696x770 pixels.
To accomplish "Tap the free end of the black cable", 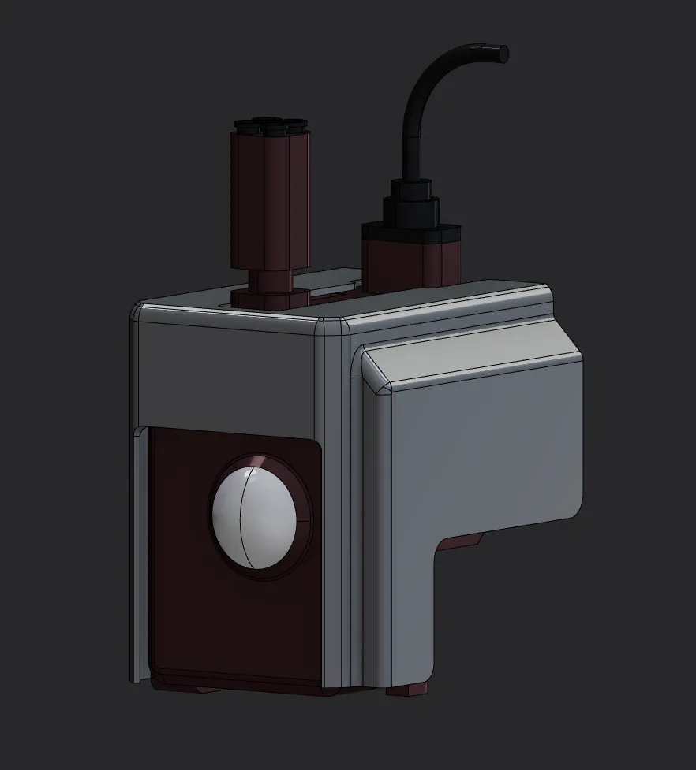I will [x=500, y=54].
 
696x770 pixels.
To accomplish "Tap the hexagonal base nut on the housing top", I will [x=268, y=297].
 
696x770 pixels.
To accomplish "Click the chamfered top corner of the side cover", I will [x=377, y=370].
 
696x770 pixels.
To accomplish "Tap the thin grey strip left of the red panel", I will [x=140, y=552].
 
